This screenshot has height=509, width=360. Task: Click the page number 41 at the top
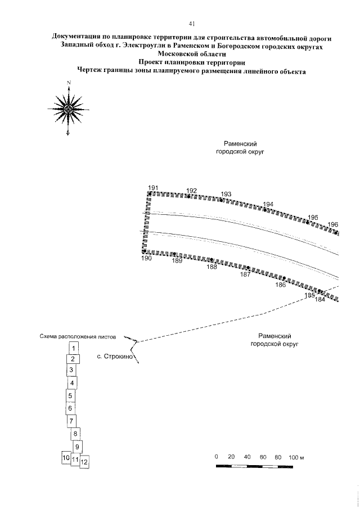(x=192, y=24)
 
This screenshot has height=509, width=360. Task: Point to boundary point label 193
(x=226, y=194)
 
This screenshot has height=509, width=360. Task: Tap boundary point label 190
(x=147, y=258)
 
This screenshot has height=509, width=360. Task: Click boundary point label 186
(x=281, y=285)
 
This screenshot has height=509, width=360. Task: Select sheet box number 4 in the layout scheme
(x=71, y=383)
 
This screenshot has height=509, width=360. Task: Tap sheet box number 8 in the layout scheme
(x=75, y=434)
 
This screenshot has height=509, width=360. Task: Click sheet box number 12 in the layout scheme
(x=84, y=462)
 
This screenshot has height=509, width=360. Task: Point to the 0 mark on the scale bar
(x=217, y=457)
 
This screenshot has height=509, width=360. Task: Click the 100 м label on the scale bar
(x=296, y=457)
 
